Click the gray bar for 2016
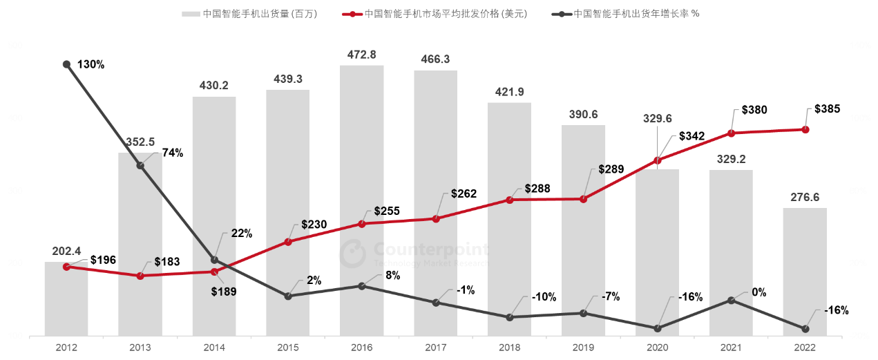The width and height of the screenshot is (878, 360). pyautogui.click(x=362, y=200)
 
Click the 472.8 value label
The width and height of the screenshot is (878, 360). pyautogui.click(x=362, y=54)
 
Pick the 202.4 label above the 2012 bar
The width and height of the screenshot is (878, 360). pyautogui.click(x=66, y=251)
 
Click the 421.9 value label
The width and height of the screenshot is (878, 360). pyautogui.click(x=510, y=91)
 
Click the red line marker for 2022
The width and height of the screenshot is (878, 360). pyautogui.click(x=805, y=129)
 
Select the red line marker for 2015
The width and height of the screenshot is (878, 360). pyautogui.click(x=288, y=242)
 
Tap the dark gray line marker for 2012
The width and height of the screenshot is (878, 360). pyautogui.click(x=66, y=64)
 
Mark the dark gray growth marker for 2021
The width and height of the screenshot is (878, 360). pyautogui.click(x=732, y=301)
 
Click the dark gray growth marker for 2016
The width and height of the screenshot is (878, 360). pyautogui.click(x=362, y=285)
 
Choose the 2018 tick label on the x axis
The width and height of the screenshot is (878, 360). pyautogui.click(x=510, y=348)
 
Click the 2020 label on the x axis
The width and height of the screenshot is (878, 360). pyautogui.click(x=658, y=348)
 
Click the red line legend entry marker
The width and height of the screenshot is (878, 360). pyautogui.click(x=352, y=14)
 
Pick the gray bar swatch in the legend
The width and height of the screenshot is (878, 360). pyautogui.click(x=190, y=14)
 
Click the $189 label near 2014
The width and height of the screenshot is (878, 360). pyautogui.click(x=224, y=292)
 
